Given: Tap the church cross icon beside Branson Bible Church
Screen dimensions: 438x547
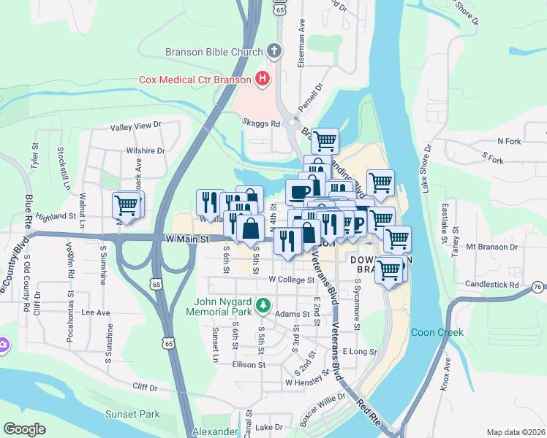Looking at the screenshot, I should (x=273, y=51).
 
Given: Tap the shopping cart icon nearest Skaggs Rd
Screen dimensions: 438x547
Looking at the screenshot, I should (x=324, y=139).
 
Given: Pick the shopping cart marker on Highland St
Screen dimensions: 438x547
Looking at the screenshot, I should (x=128, y=204).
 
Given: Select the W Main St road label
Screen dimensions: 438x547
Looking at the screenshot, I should (x=187, y=239).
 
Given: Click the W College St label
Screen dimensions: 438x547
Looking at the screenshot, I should (x=291, y=279).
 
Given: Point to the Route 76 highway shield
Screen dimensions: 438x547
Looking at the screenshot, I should (x=538, y=288).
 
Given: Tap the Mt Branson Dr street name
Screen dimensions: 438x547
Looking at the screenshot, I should (x=491, y=247).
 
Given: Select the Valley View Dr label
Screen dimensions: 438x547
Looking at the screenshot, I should (x=135, y=126).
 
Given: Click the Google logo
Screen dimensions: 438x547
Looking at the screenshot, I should (x=24, y=429).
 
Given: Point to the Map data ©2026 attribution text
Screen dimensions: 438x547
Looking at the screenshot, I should (x=515, y=432).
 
